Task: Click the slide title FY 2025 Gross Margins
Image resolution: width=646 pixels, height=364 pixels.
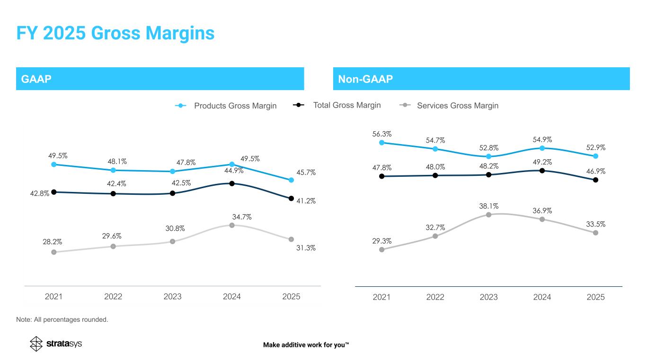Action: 115,33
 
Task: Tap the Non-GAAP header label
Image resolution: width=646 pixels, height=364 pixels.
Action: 365,79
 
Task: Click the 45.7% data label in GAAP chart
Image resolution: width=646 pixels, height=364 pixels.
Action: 307,173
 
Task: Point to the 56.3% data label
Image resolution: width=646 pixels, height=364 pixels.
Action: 382,134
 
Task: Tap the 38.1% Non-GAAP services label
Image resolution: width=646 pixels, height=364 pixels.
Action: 489,206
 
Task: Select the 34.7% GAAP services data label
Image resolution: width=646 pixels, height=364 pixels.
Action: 242,217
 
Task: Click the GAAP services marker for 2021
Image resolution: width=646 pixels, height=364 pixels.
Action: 54,252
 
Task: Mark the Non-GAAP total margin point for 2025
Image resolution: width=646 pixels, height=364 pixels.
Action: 596,180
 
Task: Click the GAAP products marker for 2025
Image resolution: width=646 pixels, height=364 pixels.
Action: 292,180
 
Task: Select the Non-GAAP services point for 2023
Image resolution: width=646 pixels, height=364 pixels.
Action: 488,215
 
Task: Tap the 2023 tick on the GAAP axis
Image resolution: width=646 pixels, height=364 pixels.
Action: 173,297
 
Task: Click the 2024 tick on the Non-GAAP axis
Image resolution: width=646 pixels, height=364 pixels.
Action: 542,297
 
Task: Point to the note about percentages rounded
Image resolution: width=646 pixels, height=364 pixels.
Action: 62,320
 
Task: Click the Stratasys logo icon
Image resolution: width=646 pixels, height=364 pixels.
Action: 36,344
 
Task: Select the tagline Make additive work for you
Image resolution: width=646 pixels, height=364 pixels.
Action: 306,345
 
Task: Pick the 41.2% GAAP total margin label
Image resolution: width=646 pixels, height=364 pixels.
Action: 307,201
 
